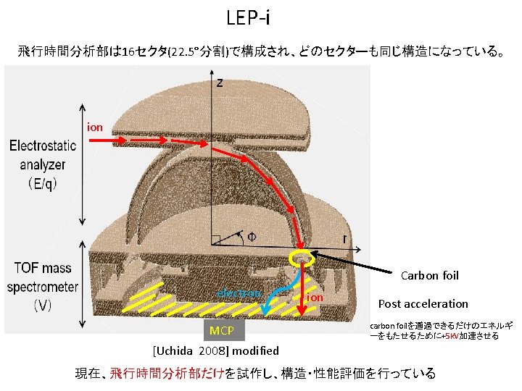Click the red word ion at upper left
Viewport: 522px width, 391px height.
[x=95, y=127]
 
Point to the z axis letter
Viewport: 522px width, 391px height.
[x=220, y=83]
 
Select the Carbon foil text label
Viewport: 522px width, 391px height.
[x=430, y=275]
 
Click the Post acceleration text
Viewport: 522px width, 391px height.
[x=423, y=303]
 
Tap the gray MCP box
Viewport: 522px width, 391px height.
[x=221, y=331]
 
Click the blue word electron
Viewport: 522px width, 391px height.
[x=239, y=293]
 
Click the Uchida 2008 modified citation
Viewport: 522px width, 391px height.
[x=216, y=350]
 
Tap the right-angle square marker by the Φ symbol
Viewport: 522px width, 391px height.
[x=215, y=240]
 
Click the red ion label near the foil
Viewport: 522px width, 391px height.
[x=315, y=298]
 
